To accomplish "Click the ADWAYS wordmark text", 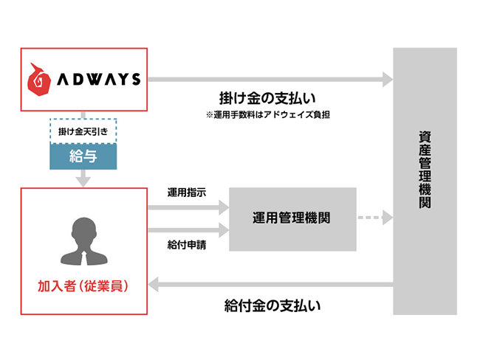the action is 99,79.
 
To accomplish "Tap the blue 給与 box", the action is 83,156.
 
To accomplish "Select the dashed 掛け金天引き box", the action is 83,131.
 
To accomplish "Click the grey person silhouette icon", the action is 84,241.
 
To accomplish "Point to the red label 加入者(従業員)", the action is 83,286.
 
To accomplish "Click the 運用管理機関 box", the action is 292,219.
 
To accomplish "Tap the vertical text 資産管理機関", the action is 425,170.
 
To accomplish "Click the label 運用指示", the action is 186,193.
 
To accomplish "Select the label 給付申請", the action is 186,245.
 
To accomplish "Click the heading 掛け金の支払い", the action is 267,98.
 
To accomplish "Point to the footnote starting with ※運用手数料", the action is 268,114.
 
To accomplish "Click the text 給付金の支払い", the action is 272,305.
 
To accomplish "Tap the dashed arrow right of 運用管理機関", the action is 375,218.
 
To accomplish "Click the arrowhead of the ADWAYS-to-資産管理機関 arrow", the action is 388,80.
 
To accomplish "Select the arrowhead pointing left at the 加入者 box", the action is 153,285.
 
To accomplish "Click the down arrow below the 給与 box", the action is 83,178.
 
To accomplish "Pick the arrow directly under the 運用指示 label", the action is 188,208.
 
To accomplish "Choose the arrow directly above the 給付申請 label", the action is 188,230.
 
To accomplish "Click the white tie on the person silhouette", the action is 84,258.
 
